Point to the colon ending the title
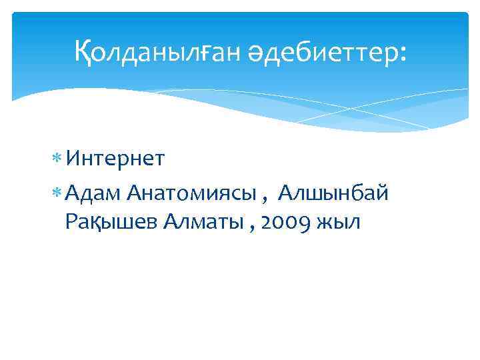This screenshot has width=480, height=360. pos(401,53)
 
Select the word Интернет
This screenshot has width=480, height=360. pos(116,159)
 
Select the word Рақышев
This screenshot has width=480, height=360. pos(110,223)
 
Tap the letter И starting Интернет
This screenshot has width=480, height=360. pos(73,159)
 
